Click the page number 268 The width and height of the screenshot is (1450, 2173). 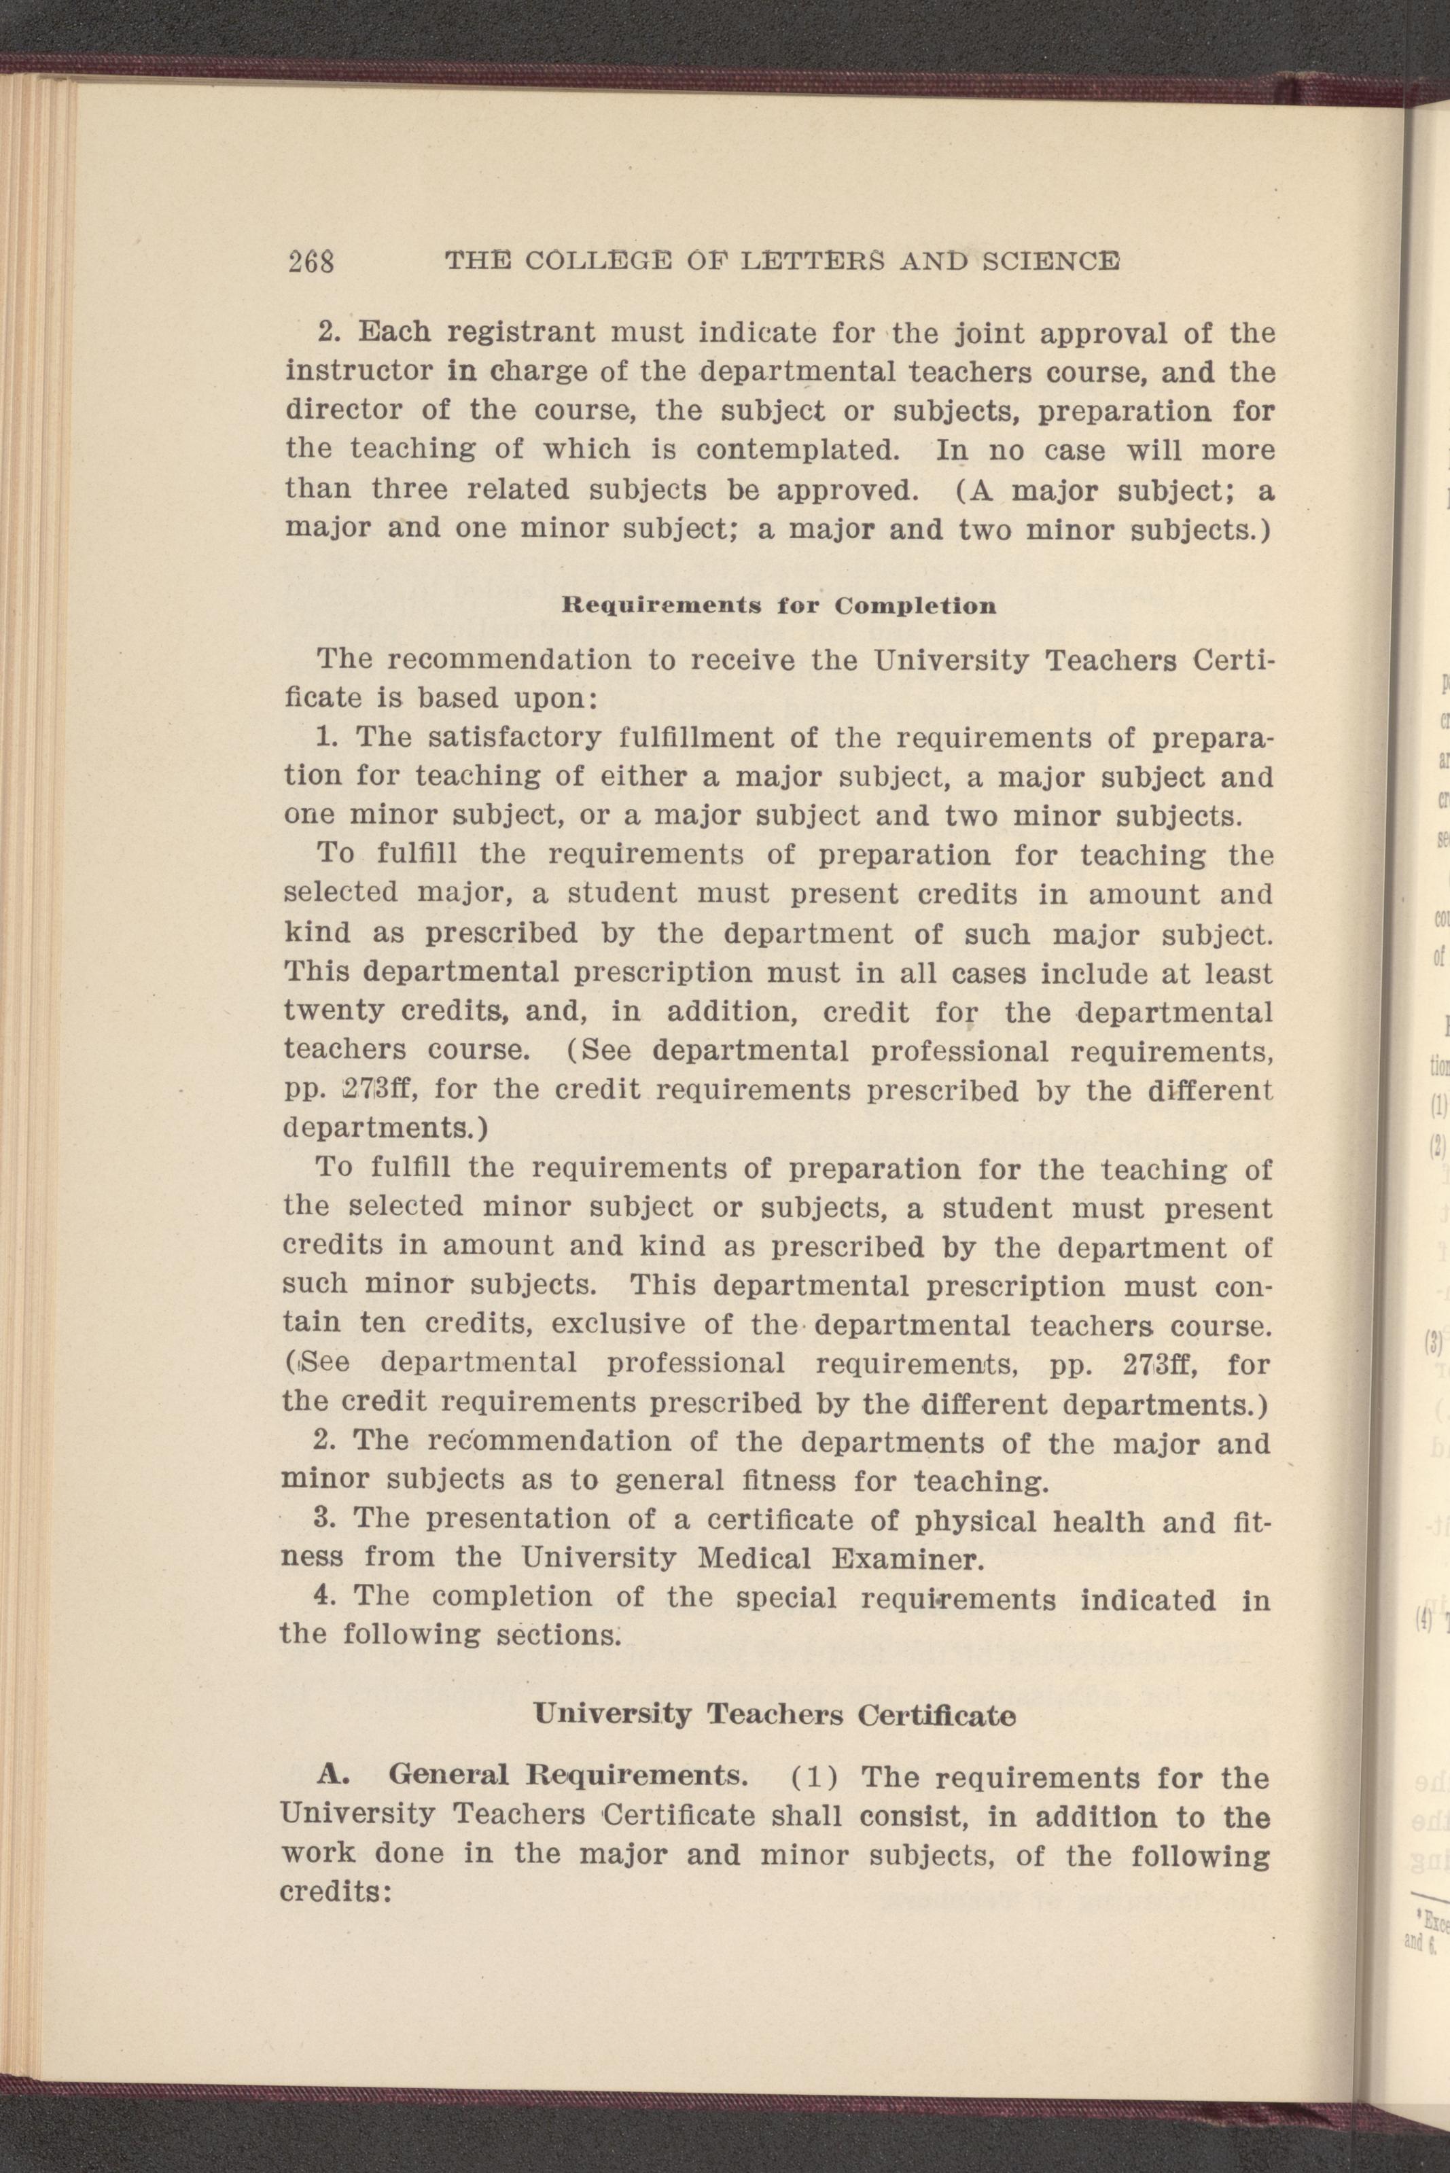310,262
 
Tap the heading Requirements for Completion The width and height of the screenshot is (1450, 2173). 779,607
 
